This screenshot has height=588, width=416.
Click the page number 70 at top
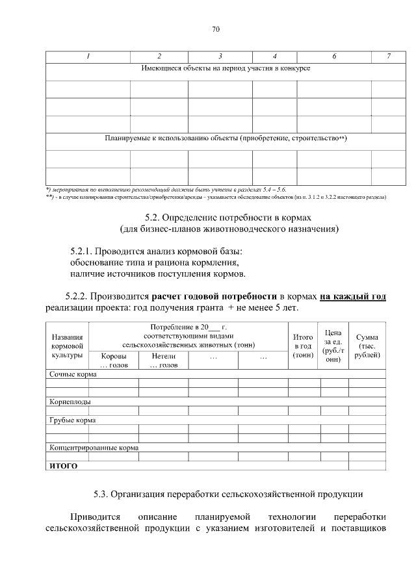216,29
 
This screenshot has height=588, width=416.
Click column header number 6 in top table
333,57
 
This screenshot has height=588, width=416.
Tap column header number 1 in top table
87,57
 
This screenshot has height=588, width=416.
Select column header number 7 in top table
388,57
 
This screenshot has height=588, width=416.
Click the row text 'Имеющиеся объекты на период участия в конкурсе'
226,68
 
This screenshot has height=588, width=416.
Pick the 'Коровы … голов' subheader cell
114,361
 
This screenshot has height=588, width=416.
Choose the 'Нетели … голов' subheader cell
163,361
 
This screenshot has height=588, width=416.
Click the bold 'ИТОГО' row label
64,466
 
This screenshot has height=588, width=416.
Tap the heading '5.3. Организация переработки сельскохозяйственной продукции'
228,494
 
